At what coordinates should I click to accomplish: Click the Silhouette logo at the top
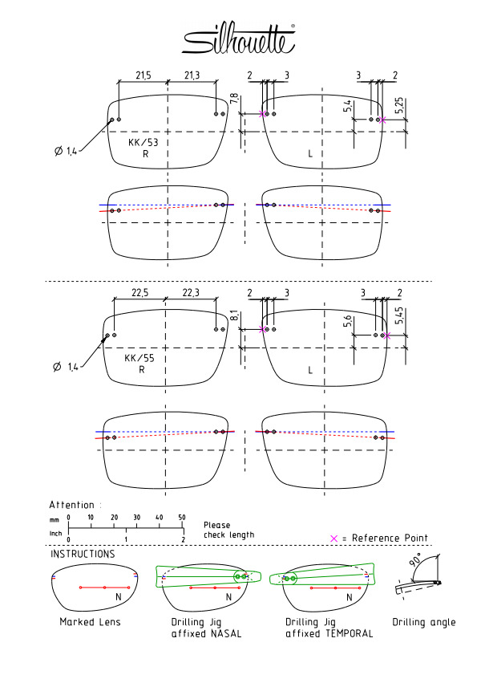[x=239, y=39]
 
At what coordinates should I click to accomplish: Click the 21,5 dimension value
[x=144, y=75]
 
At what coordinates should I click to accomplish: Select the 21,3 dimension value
[x=192, y=75]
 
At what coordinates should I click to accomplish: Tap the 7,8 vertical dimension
[x=234, y=99]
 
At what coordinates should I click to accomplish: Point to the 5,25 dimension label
[x=399, y=105]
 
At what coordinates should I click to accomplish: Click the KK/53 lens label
[x=144, y=142]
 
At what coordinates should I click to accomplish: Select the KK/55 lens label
[x=139, y=358]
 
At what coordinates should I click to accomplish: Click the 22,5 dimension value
[x=139, y=293]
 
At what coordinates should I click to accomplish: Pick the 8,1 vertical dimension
[x=234, y=315]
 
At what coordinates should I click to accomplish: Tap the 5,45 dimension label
[x=399, y=315]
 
